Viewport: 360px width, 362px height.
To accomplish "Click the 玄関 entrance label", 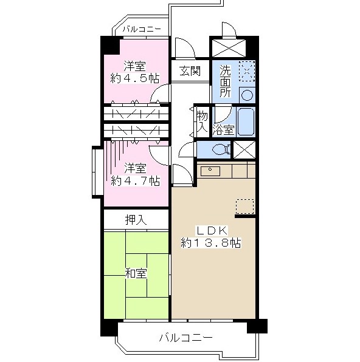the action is (x=190, y=70).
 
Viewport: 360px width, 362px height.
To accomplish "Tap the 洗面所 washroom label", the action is (x=225, y=81).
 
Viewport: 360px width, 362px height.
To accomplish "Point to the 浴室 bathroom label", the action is (x=224, y=130).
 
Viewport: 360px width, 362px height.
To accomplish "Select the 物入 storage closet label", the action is (x=202, y=122).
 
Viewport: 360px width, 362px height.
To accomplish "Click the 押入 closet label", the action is (x=136, y=220).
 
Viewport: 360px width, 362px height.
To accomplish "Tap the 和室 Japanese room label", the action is (x=136, y=273).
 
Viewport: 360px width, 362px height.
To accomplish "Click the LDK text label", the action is (x=212, y=231).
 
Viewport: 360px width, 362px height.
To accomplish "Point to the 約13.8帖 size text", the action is (x=211, y=243).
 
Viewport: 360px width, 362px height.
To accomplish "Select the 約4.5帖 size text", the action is (x=135, y=78).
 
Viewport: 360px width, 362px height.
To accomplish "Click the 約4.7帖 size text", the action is (x=135, y=181).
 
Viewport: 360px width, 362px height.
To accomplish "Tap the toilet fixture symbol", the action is (x=221, y=149).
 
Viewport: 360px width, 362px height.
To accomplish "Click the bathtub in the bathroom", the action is (x=246, y=121).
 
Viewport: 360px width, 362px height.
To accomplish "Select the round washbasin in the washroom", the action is (x=247, y=95).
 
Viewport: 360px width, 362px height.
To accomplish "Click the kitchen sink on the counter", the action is (x=210, y=171).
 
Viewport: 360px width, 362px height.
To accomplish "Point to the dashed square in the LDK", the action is (x=245, y=207).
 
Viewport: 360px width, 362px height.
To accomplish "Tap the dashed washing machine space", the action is (x=247, y=71).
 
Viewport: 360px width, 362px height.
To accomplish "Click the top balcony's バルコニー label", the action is (x=142, y=29).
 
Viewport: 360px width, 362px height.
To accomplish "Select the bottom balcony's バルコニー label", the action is (x=185, y=338).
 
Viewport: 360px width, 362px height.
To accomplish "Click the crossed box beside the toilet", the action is (x=244, y=150).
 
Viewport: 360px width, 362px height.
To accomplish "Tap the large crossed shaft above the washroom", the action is (x=229, y=48).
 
